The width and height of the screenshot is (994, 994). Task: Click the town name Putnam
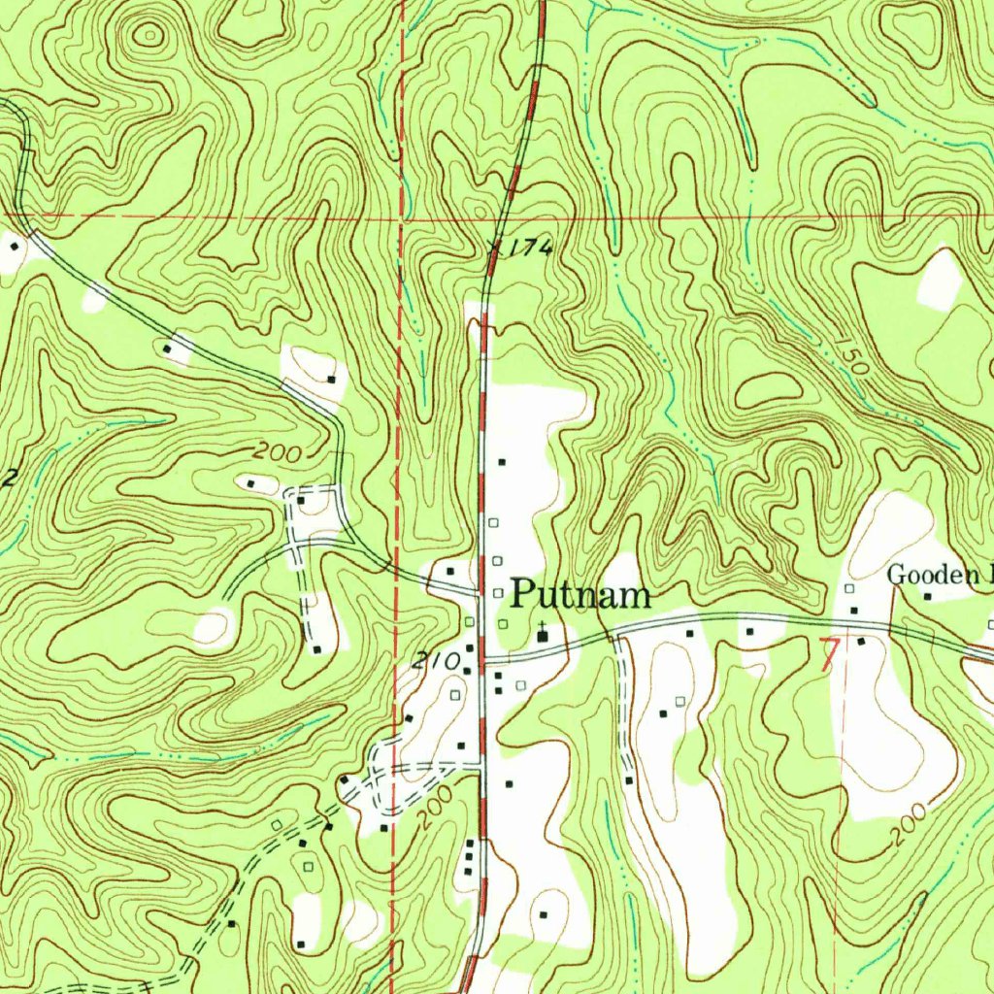point(580,594)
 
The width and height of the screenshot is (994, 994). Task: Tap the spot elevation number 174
point(532,248)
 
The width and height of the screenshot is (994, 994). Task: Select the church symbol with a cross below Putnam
point(542,636)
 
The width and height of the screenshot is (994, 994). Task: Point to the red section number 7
point(828,655)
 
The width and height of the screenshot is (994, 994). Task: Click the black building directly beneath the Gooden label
point(927,596)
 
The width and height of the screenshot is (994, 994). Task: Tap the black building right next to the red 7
point(860,642)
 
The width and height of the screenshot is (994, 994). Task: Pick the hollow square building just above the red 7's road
point(849,589)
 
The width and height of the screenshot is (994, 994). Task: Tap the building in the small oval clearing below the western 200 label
point(250,482)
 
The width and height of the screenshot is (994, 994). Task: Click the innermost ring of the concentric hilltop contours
point(149,37)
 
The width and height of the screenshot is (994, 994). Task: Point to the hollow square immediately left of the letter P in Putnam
point(497,592)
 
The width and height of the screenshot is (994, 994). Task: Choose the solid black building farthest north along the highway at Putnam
point(502,462)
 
